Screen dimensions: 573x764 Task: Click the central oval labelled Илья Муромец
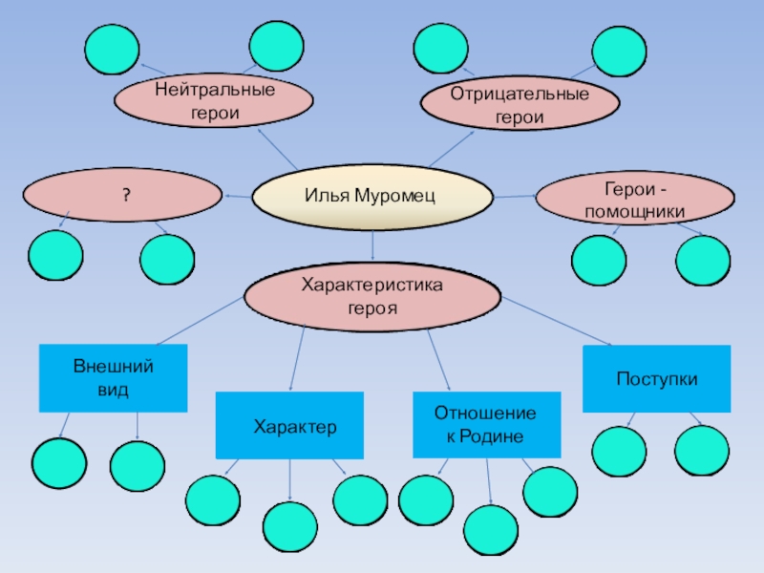click(371, 197)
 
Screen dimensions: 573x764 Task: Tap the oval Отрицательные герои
click(519, 106)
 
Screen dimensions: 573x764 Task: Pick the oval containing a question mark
click(122, 195)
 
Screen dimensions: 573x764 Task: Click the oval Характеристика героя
click(371, 297)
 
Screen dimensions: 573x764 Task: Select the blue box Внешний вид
click(113, 378)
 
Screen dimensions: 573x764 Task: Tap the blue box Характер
click(288, 425)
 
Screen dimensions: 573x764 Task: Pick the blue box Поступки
click(656, 379)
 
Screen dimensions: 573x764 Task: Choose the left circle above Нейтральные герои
click(112, 48)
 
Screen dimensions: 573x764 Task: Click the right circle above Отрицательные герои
click(618, 50)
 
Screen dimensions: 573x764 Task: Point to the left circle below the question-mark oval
click(55, 256)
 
